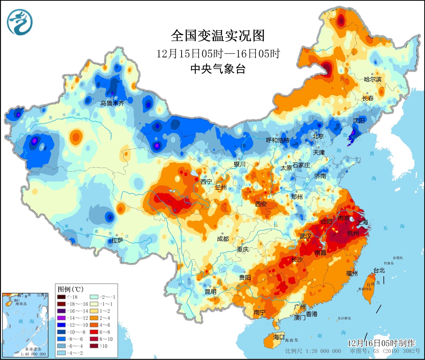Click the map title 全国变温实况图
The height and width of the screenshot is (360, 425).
coord(218,36)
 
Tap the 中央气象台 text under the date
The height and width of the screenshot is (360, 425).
coord(218,69)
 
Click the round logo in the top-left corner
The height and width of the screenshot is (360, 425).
coord(20,22)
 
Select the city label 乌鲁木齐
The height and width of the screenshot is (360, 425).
coord(112,103)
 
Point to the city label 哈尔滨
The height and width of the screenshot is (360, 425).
coord(372,79)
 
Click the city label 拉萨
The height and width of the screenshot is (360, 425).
coord(117,240)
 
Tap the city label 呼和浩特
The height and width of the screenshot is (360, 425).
coord(277,140)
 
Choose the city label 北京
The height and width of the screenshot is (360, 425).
coord(318,136)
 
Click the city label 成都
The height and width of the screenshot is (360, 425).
coord(223,239)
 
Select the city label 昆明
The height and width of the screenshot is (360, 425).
coord(211,292)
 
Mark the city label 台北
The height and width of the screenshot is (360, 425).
coord(379,270)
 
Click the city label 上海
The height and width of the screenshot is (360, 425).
coord(362,222)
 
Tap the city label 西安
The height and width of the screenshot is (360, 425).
coord(261,204)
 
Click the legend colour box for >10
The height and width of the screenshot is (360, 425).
coord(94,346)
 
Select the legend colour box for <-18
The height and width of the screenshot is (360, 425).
coord(61,297)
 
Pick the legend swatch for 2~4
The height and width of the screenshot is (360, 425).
coord(94,318)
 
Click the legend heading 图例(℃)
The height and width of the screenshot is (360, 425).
coord(70,289)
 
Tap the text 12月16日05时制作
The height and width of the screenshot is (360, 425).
coord(381,343)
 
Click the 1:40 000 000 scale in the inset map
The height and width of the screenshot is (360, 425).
coord(33,354)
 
